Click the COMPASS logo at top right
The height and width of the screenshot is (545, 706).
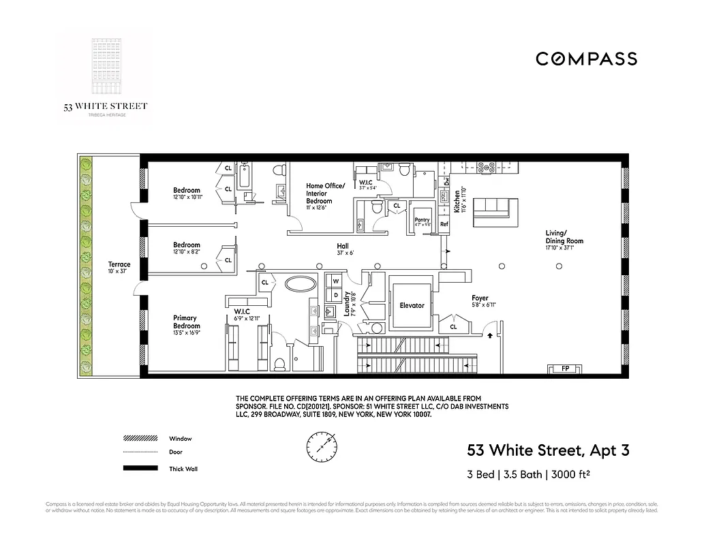point(586,59)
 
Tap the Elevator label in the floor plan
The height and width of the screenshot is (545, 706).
point(412,306)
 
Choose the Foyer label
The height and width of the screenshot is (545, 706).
point(480,298)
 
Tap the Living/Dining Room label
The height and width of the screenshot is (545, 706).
point(564,237)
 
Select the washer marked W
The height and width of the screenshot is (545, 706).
point(335,280)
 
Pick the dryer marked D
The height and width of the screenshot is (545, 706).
point(335,294)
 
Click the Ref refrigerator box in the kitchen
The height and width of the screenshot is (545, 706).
point(444,223)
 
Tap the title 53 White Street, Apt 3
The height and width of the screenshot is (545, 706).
point(547,450)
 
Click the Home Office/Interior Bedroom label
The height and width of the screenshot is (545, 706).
point(325,193)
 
